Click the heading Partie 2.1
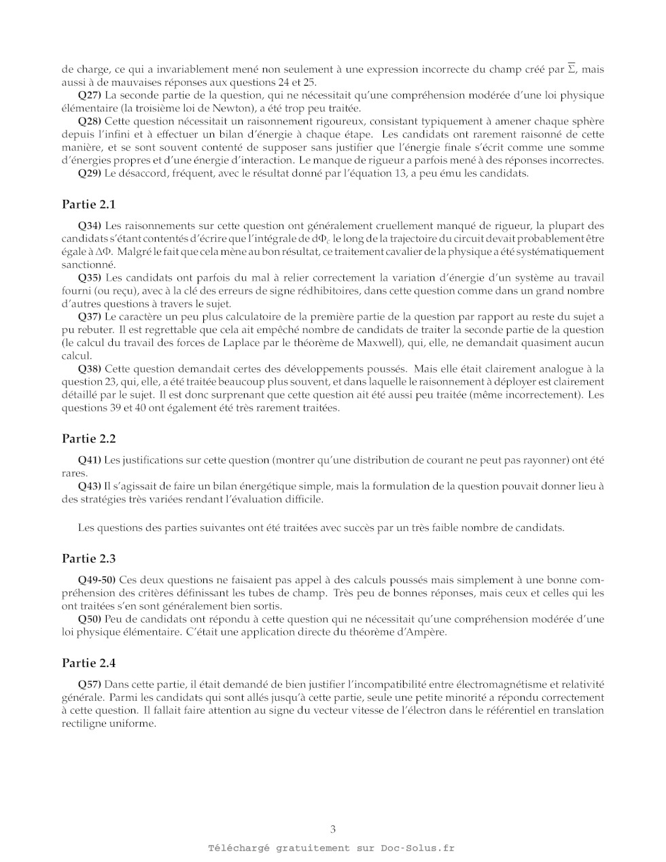(89, 205)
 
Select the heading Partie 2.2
(89, 439)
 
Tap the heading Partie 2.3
(89, 559)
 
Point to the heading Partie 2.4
(89, 663)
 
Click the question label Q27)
(90, 95)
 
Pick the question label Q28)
(90, 122)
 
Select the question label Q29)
(90, 174)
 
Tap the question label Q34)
(90, 226)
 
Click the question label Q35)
(90, 278)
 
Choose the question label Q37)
(90, 317)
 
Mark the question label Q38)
(90, 369)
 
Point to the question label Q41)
(90, 460)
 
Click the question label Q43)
(90, 487)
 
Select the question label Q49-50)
(97, 580)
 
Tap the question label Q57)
(90, 685)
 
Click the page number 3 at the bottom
(333, 829)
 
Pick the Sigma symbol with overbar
(572, 69)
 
